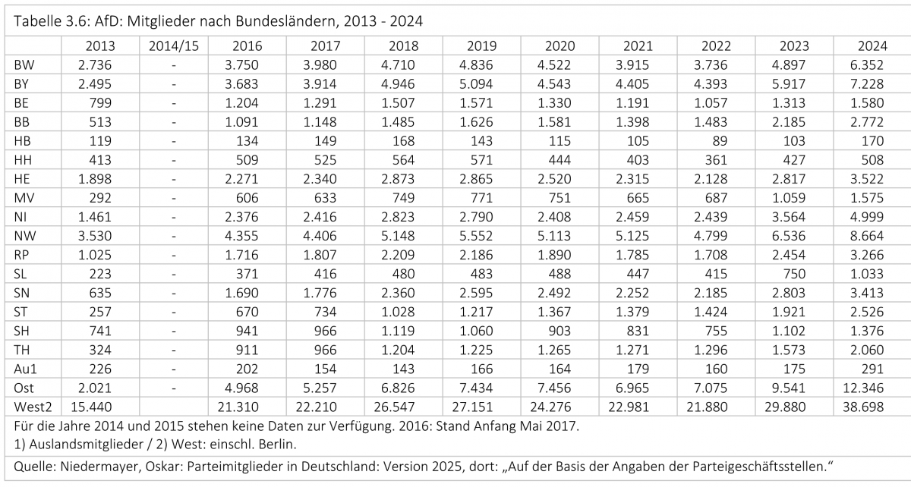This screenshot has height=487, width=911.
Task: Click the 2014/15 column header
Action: click(174, 46)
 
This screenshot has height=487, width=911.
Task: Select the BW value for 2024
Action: click(867, 65)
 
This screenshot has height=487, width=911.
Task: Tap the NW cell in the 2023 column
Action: click(789, 236)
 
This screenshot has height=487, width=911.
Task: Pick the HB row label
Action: click(22, 141)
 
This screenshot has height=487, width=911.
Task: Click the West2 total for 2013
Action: click(91, 407)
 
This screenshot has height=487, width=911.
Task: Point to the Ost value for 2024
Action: click(863, 388)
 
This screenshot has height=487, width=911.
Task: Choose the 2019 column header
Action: click(481, 46)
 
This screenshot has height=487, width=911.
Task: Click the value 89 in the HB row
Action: click(720, 141)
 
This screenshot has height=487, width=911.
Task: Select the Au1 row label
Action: click(25, 369)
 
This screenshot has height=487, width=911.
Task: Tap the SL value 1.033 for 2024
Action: click(867, 274)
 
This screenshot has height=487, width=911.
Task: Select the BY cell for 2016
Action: click(241, 84)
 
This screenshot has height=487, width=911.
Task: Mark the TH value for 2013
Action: click(100, 350)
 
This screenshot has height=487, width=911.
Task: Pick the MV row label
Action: click(24, 198)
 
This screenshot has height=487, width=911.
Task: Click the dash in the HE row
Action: click(174, 179)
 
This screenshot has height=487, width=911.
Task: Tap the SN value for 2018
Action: click(398, 293)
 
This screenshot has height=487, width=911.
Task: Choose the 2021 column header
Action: click(638, 46)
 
